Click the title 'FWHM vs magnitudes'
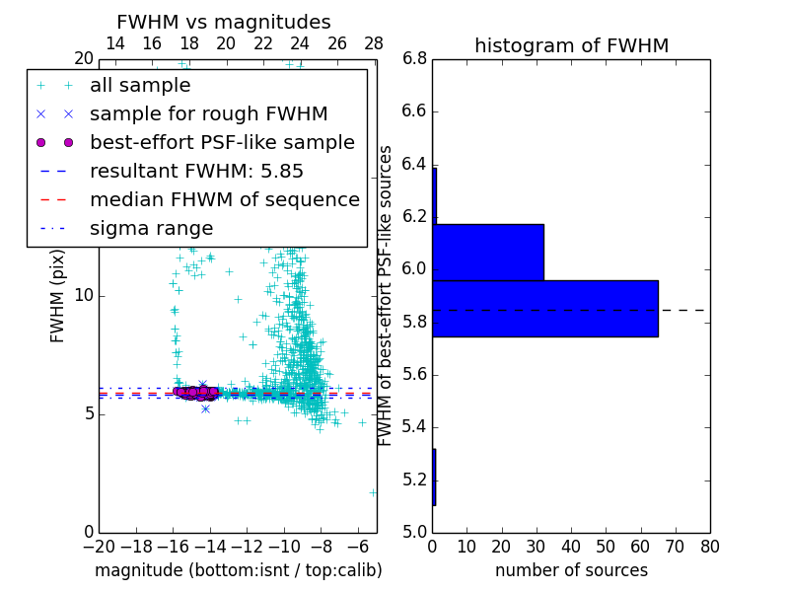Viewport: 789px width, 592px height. (x=224, y=22)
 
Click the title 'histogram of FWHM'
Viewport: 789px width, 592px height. (x=571, y=45)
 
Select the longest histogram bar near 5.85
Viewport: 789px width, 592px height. (x=544, y=308)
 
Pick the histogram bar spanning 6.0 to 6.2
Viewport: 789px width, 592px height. (x=488, y=252)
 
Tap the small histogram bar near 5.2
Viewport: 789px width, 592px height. (x=434, y=477)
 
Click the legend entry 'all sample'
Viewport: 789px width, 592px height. (x=140, y=86)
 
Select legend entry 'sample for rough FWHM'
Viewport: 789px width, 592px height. (x=208, y=113)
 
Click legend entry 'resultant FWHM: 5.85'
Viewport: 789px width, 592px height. (x=196, y=171)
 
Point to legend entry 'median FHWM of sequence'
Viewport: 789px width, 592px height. (x=224, y=199)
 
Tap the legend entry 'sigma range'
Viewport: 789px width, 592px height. (x=151, y=228)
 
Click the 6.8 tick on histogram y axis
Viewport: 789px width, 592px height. (x=414, y=59)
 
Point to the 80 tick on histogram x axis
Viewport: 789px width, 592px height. (x=709, y=546)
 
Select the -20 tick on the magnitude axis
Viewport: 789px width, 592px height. (x=99, y=546)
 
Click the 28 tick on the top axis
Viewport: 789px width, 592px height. (x=374, y=43)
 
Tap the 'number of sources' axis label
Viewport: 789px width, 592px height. (x=571, y=570)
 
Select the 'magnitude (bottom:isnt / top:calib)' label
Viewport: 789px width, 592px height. (x=238, y=570)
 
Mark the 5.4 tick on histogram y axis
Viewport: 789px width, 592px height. (x=414, y=427)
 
